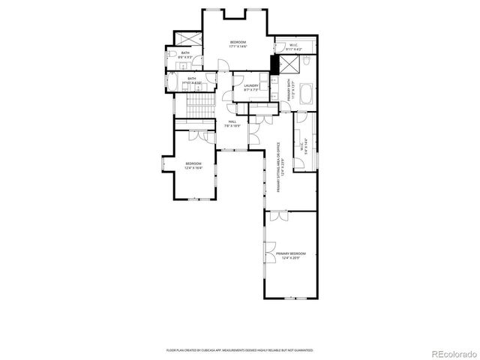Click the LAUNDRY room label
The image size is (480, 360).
point(251,88)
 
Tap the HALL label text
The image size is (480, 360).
point(232,124)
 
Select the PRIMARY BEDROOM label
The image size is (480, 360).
point(292,256)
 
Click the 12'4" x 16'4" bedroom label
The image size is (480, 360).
point(193,166)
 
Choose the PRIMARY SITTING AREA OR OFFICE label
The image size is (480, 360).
point(278,167)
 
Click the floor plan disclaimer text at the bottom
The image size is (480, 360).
point(239,350)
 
